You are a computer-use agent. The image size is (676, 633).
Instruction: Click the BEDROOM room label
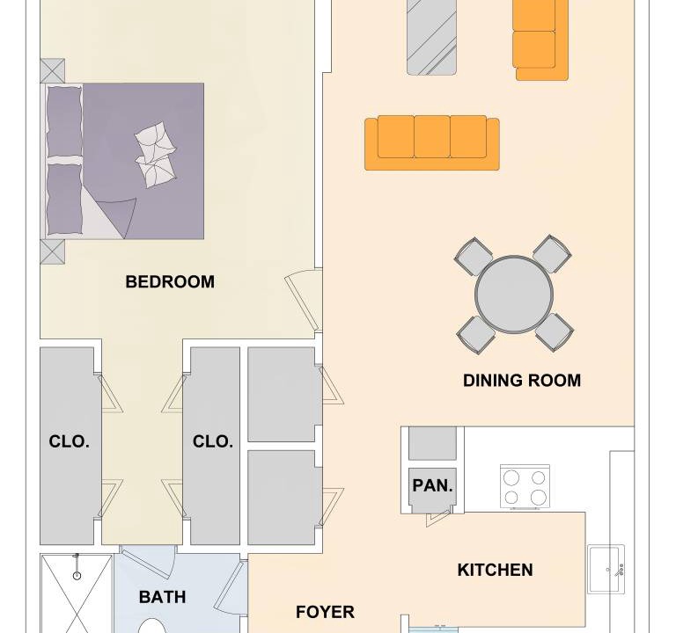tap(170, 282)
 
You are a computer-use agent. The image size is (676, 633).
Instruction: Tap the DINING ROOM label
tap(522, 381)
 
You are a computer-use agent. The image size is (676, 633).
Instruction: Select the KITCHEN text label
tap(495, 570)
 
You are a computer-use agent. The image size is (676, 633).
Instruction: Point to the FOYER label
tap(325, 612)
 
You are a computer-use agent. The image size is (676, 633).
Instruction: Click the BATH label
tap(163, 597)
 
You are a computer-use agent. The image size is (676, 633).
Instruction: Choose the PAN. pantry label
tap(432, 485)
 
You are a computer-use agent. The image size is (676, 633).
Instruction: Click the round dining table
tap(514, 294)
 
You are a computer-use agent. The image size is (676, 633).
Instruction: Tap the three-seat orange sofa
tap(432, 142)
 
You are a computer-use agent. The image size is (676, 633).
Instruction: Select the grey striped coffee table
tap(431, 38)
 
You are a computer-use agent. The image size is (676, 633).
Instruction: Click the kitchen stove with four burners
tap(525, 486)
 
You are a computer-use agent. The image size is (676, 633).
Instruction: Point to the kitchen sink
tap(606, 570)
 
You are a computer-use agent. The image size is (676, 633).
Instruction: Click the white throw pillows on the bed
tap(156, 155)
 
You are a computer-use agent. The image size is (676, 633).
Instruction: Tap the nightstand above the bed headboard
tap(53, 70)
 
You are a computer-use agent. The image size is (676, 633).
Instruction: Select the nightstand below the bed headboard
tap(52, 251)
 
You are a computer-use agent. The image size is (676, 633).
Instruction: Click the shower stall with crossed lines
tap(77, 593)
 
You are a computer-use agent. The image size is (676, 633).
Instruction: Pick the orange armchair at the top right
tap(540, 40)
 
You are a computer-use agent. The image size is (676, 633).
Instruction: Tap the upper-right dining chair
tap(552, 253)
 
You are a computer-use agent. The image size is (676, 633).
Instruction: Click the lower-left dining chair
tap(476, 335)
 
